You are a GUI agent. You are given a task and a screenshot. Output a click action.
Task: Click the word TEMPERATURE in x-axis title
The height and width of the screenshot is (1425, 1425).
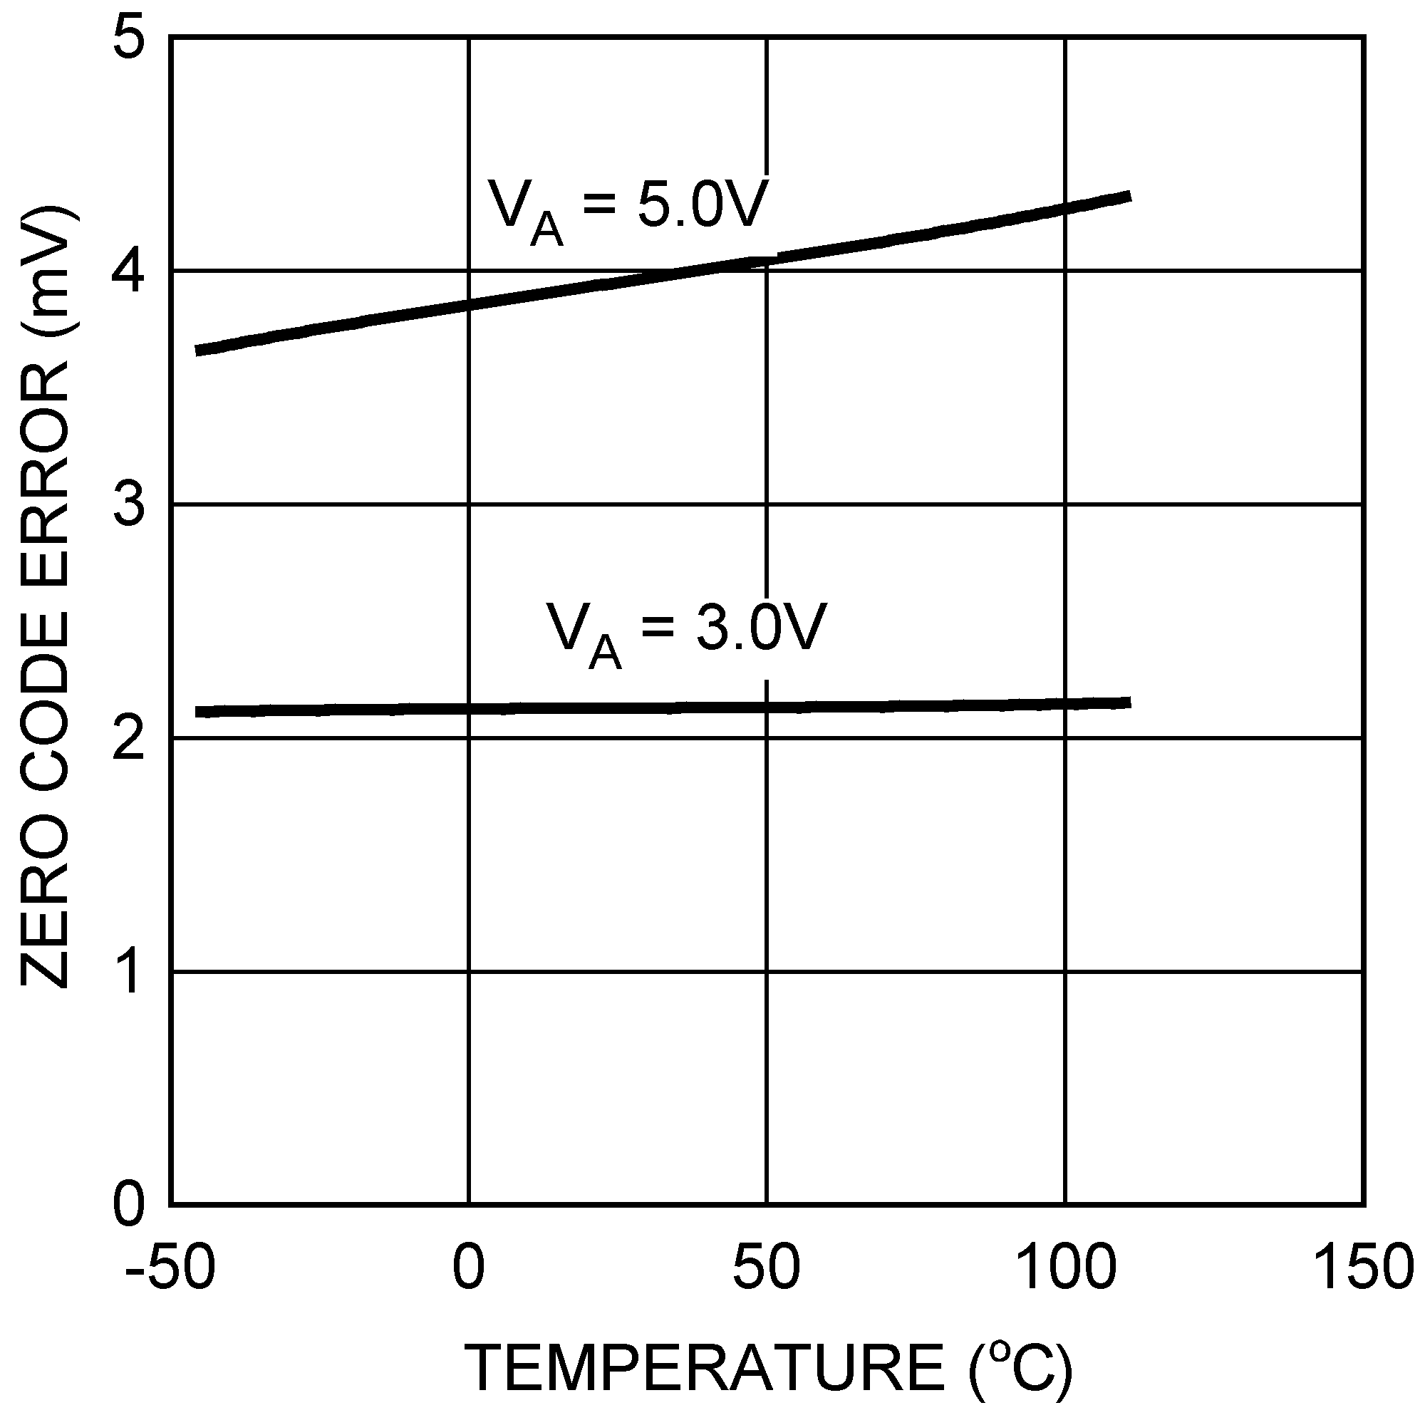pos(705,1368)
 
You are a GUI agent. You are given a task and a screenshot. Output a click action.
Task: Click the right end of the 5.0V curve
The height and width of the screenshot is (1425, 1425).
pos(1129,196)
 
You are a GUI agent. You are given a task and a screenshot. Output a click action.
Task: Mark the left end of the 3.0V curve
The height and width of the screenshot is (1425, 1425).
pos(197,712)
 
